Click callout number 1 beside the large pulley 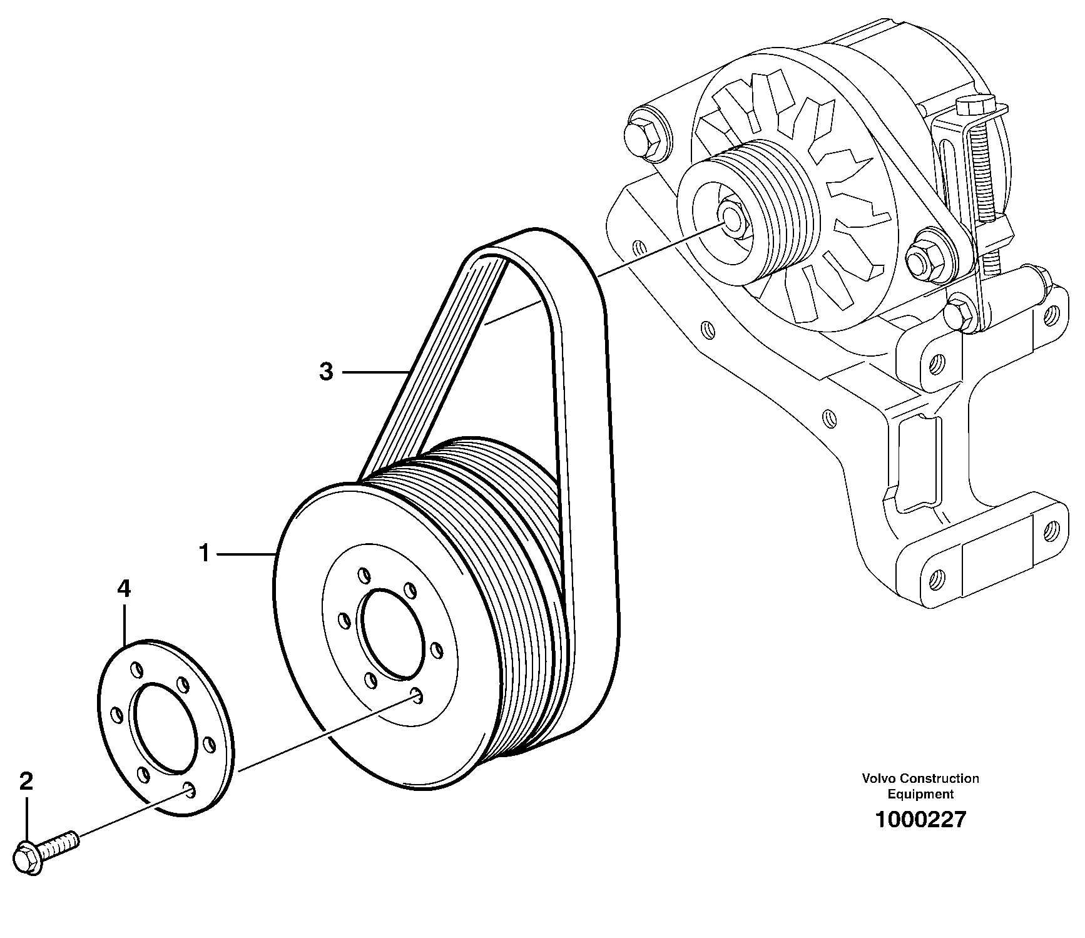[203, 553]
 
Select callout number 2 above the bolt [26, 782]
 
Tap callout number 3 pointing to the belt [326, 372]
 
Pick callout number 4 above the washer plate [124, 588]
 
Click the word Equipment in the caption [920, 794]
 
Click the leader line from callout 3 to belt [374, 373]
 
